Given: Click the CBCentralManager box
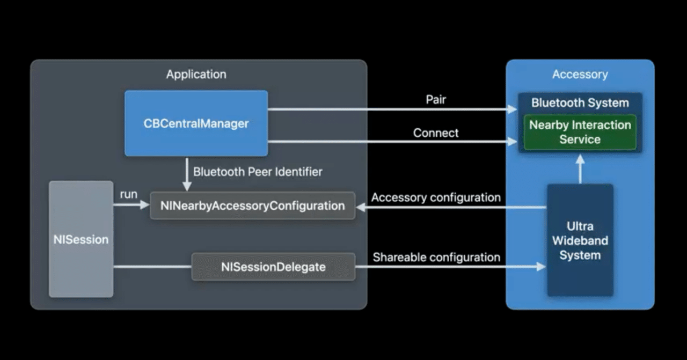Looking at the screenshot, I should tap(196, 123).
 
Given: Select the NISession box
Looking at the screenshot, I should tap(81, 239).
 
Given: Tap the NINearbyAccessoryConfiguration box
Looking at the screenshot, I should tap(252, 205).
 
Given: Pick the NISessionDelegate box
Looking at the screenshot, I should tap(273, 267).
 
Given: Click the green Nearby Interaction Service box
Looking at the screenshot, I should tap(580, 132).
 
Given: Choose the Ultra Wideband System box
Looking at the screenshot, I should tap(580, 240).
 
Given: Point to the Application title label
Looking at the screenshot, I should tap(196, 75).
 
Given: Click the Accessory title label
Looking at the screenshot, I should tap(580, 75).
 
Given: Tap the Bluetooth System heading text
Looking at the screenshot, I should tap(580, 102).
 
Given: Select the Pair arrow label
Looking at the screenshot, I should tap(436, 100).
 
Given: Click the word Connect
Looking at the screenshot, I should tap(436, 133).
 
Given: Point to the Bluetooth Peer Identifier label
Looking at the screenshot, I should tap(258, 172).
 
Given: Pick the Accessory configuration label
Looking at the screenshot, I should tap(436, 197).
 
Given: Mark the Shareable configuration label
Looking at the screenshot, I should tap(436, 258).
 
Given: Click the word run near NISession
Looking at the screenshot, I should tap(129, 194).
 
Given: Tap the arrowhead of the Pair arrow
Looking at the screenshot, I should tap(512, 109).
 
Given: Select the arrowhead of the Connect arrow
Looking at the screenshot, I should tap(512, 142).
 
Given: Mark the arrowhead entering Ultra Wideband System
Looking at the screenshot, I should tap(541, 266).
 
